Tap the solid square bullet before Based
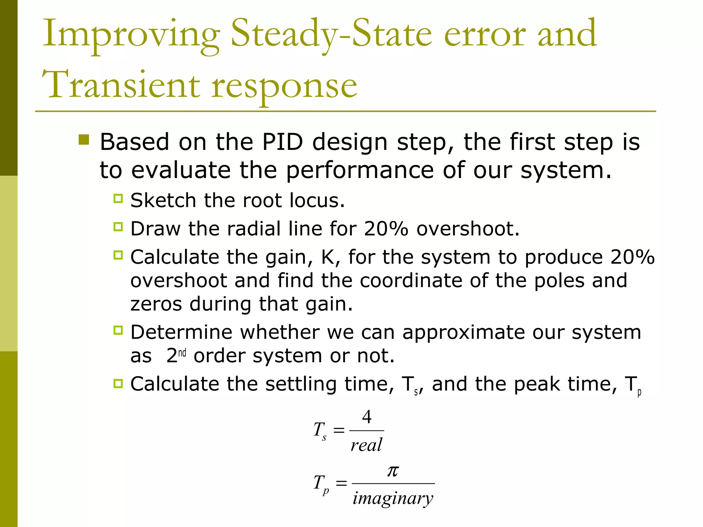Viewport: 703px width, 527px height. click(x=84, y=140)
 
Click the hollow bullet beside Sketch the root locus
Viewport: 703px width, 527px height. click(x=118, y=198)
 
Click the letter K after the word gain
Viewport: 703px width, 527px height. click(x=328, y=257)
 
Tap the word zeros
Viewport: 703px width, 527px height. click(x=156, y=304)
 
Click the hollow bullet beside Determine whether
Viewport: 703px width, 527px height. click(x=118, y=330)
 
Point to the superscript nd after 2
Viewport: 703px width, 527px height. click(x=182, y=353)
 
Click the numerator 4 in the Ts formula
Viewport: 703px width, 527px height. click(x=367, y=417)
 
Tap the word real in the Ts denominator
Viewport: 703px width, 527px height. click(x=366, y=445)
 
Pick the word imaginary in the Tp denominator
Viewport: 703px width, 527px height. click(x=393, y=498)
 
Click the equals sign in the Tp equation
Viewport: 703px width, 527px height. click(x=341, y=483)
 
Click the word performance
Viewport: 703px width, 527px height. click(x=360, y=170)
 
